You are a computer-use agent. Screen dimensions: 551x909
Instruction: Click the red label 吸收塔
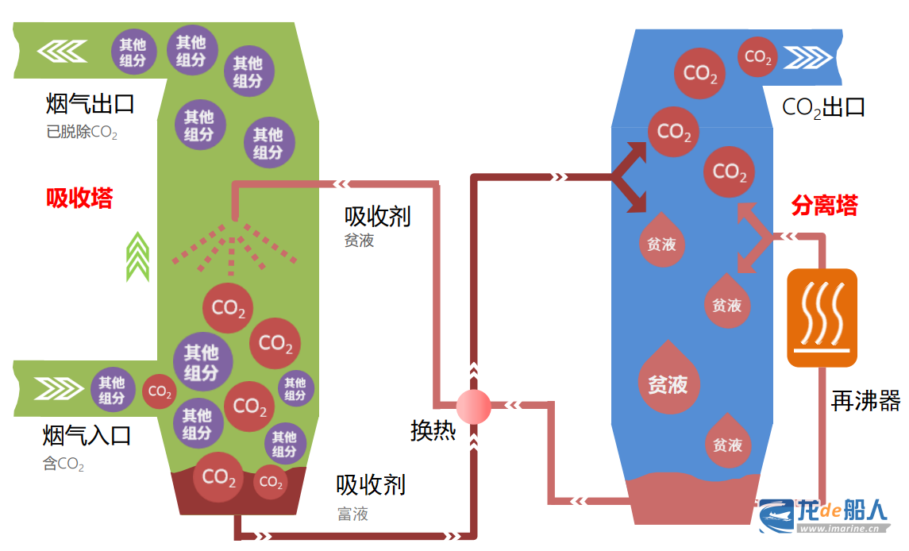pyautogui.click(x=79, y=198)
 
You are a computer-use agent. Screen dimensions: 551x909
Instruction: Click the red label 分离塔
pyautogui.click(x=824, y=206)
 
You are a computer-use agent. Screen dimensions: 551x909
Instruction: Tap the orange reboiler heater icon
pyautogui.click(x=822, y=318)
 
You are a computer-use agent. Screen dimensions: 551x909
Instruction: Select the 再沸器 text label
pyautogui.click(x=866, y=400)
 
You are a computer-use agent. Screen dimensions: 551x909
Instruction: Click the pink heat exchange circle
pyautogui.click(x=474, y=407)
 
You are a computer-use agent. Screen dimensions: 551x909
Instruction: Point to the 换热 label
pyautogui.click(x=433, y=430)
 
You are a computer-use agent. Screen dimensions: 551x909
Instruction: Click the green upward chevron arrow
pyautogui.click(x=138, y=256)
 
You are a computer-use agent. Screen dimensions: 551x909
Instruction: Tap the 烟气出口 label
pyautogui.click(x=90, y=104)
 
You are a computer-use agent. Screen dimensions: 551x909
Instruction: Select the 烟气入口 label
pyautogui.click(x=87, y=435)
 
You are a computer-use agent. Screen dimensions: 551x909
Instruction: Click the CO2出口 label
pyautogui.click(x=823, y=107)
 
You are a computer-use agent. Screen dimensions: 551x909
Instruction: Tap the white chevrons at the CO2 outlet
pyautogui.click(x=807, y=57)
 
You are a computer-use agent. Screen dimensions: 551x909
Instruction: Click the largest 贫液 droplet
pyautogui.click(x=668, y=380)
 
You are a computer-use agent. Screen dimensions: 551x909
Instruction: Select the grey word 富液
pyautogui.click(x=352, y=514)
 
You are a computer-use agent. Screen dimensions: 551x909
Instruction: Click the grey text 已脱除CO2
pyautogui.click(x=82, y=132)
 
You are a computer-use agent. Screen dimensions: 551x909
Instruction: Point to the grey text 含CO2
pyautogui.click(x=64, y=464)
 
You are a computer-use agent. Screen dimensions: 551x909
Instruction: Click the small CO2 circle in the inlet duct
pyautogui.click(x=159, y=391)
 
